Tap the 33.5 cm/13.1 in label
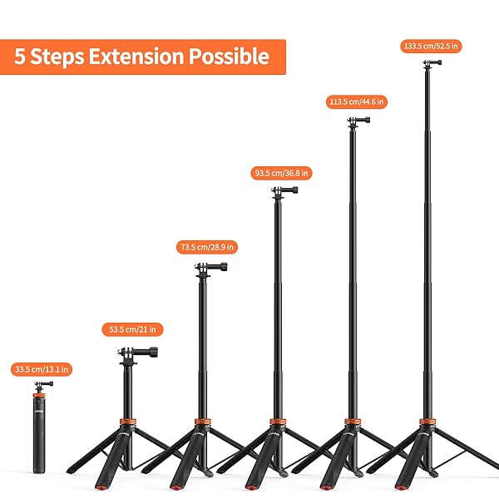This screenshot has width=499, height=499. point(42,368)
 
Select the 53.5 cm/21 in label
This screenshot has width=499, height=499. point(132,329)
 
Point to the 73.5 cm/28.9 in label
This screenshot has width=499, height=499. point(208,247)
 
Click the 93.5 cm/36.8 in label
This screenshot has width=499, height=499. point(280,173)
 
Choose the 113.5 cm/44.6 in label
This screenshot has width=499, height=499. point(355,101)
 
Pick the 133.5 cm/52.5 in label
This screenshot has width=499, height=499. point(432,47)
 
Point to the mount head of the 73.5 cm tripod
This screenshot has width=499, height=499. point(205,267)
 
